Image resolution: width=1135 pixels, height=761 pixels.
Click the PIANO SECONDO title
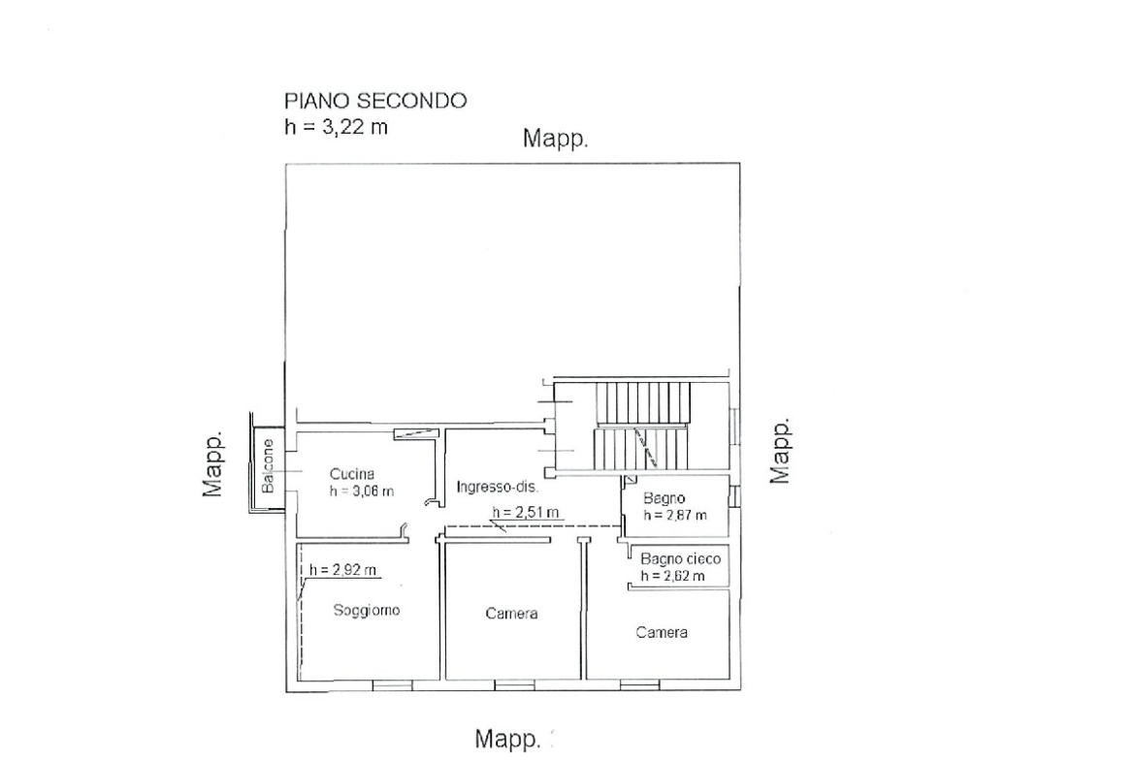375,101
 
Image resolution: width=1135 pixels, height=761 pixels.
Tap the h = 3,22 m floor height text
336,127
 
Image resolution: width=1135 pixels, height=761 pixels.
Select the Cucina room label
352,474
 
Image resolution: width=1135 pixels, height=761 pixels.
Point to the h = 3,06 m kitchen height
361,491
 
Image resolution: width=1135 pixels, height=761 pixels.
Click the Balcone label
268,466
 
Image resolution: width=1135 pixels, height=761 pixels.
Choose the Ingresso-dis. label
498,487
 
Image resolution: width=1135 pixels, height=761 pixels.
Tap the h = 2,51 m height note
526,512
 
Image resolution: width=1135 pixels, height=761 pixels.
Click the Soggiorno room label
367,610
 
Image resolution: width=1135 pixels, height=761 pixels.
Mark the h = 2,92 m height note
343,569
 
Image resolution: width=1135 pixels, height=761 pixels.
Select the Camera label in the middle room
512,614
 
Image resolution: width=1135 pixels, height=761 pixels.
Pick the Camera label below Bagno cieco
662,632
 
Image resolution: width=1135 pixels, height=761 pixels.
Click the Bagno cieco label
680,558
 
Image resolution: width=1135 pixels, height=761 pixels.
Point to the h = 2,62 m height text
672,576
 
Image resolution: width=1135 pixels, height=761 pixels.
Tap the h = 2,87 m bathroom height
674,515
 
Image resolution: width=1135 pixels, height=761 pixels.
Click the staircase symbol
641,426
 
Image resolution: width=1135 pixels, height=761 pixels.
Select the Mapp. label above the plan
555,139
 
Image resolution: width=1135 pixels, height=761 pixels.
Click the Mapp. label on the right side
779,450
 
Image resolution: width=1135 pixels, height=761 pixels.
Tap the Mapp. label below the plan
507,740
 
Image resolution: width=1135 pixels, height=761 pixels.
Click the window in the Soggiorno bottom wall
392,684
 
